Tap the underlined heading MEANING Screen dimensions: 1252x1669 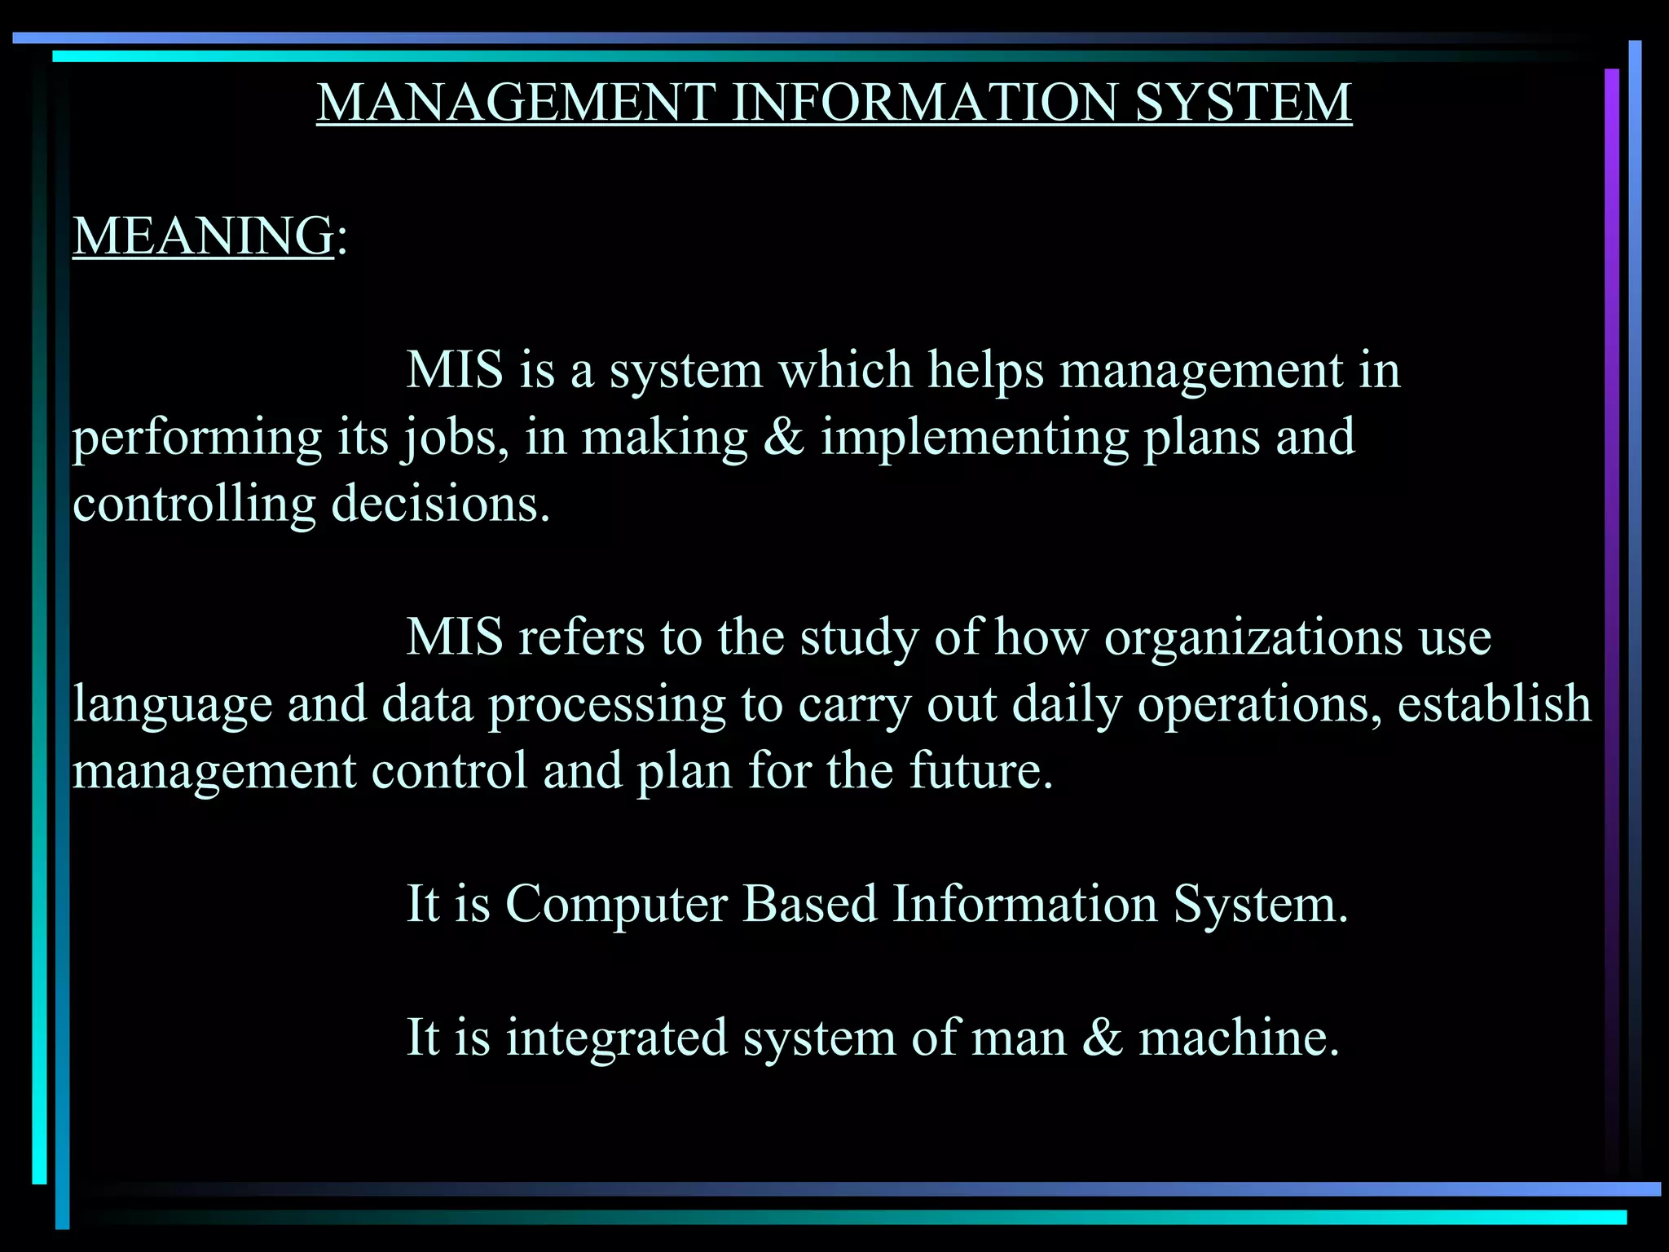pos(203,236)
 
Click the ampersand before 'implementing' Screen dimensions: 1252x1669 pos(784,437)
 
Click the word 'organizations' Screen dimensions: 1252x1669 pos(1253,637)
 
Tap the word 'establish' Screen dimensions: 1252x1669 pos(1494,704)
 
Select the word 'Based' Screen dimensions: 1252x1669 pos(809,904)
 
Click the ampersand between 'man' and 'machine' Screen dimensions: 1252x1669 pos(1103,1038)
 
